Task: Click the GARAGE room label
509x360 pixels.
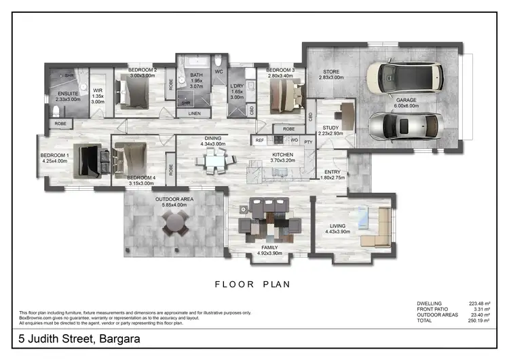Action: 407,100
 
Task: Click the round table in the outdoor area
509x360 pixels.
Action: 175,221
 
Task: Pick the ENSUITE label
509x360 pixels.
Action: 69,93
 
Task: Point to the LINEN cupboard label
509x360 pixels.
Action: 195,113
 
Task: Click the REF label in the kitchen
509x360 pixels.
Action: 259,140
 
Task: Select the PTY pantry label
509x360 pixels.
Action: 307,141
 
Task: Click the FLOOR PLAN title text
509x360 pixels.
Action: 252,285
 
